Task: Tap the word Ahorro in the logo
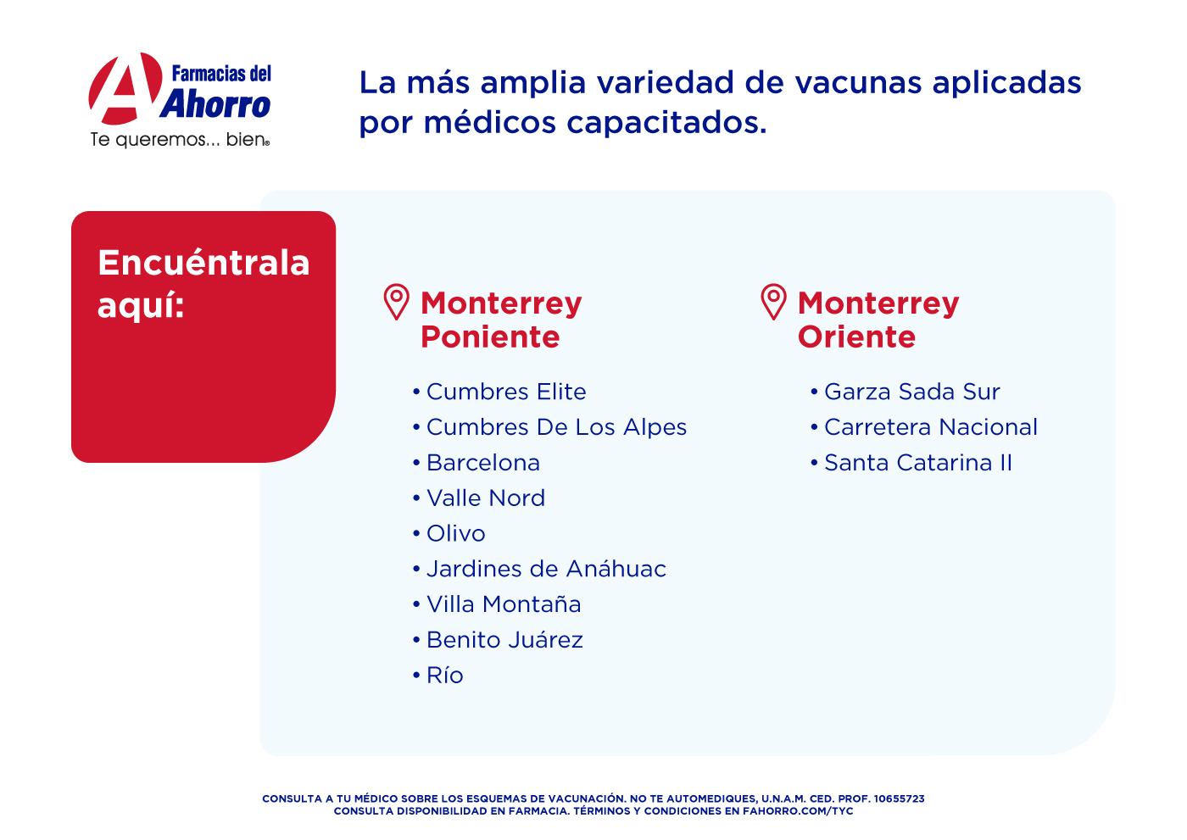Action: click(215, 103)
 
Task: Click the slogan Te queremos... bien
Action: click(180, 140)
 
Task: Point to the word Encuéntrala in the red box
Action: click(203, 263)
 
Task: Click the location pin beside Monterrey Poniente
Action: click(397, 302)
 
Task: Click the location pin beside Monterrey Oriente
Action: click(773, 302)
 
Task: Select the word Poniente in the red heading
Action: click(490, 337)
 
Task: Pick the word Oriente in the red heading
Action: click(857, 337)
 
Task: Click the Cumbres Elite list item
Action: click(506, 392)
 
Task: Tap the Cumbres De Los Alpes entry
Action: click(556, 427)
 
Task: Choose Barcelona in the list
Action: click(483, 463)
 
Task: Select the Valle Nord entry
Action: click(486, 498)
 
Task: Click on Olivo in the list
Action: click(456, 534)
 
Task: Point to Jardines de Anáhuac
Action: click(546, 570)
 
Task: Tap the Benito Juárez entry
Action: click(504, 640)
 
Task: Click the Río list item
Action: click(444, 676)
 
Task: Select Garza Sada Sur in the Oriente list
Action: click(912, 392)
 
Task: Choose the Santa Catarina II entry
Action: click(918, 463)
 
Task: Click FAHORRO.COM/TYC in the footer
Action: click(798, 811)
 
